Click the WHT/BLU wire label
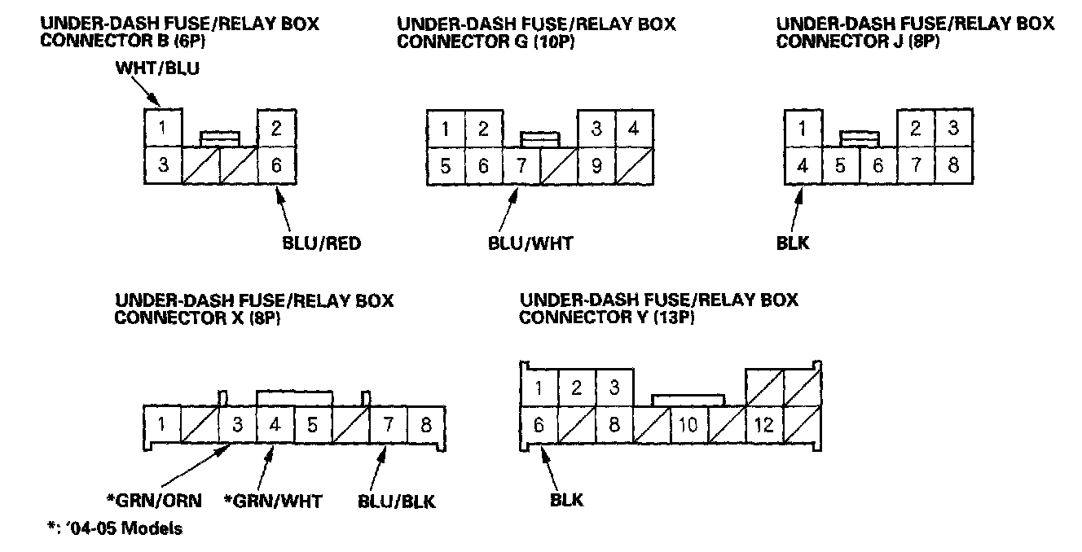158,70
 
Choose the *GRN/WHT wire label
273,500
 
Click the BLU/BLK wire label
397,500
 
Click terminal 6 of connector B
277,165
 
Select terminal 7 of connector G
521,166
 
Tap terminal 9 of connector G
596,166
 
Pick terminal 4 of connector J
803,166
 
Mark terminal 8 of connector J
954,166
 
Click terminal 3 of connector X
237,424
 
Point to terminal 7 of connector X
388,424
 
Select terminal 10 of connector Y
688,425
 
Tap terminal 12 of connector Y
764,425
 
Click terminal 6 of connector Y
539,425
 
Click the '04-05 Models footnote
114,528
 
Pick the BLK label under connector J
793,243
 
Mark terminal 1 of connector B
164,128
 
